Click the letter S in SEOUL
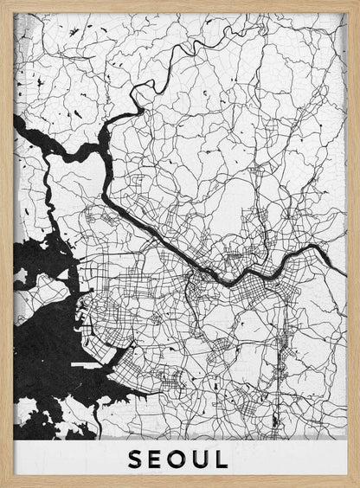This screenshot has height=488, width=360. (x=136, y=459)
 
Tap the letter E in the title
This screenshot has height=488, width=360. (x=157, y=459)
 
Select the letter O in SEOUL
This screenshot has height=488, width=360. (x=179, y=459)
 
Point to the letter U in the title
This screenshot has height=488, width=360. (x=202, y=459)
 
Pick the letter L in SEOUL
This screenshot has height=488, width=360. (x=222, y=459)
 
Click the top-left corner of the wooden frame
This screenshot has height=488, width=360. (x=3, y=3)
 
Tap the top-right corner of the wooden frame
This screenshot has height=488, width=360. (x=357, y=3)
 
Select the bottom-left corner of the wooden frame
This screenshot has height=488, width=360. (x=3, y=485)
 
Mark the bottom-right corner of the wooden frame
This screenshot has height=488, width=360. (x=357, y=485)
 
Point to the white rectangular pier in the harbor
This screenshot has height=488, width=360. (x=87, y=366)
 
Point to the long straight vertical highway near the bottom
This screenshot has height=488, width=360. (x=277, y=381)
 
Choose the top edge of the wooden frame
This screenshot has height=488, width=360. (x=180, y=6)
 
